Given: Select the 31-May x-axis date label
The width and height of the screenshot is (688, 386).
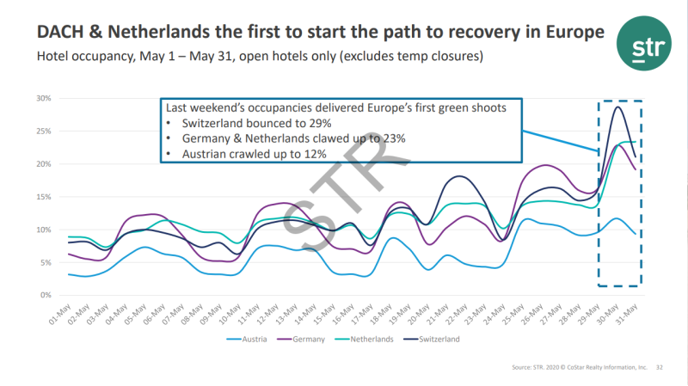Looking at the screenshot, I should [630, 311].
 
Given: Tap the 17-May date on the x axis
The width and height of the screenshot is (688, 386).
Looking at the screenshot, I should [355, 311].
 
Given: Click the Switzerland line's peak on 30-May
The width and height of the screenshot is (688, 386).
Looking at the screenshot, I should [617, 107].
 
